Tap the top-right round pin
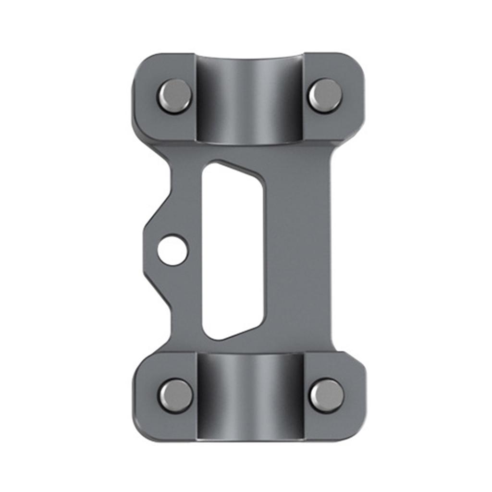pos(325,95)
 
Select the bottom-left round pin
pos(175,395)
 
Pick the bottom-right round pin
pos(326,395)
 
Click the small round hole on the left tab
pos(172,249)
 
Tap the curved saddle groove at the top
pos(250,101)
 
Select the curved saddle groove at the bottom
pos(250,396)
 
